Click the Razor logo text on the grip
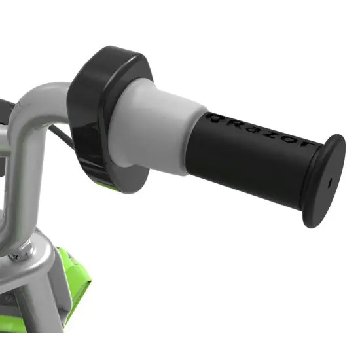pos(259,132)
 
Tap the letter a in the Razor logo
pos(250,129)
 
